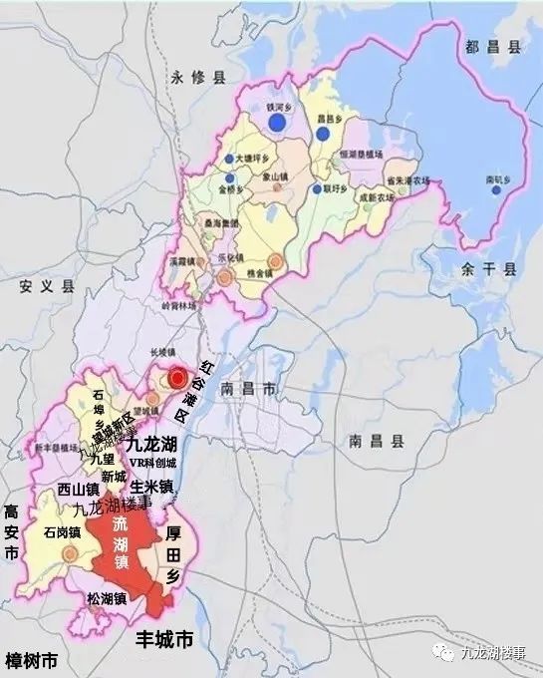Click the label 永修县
(x=199, y=76)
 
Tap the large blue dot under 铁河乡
(x=277, y=123)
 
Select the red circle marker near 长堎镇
(x=177, y=378)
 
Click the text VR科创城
(x=151, y=465)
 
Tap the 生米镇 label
(x=151, y=487)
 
